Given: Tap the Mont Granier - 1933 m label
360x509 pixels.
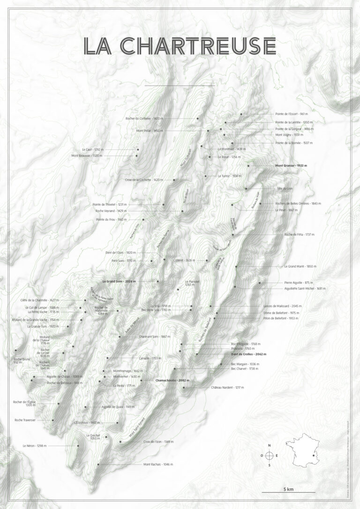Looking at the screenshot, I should [x=293, y=165].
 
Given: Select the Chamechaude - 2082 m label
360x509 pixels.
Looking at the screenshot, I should [x=172, y=381].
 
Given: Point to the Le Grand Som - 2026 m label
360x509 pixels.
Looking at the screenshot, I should [x=119, y=281].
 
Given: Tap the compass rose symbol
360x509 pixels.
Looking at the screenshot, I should [x=270, y=455].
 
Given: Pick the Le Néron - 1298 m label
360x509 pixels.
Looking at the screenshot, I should [x=35, y=446].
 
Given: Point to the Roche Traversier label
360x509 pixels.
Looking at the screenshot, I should [x=25, y=420].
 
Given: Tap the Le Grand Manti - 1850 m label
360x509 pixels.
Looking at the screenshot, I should [x=300, y=266].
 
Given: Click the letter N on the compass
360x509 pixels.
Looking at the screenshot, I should [x=270, y=446].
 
